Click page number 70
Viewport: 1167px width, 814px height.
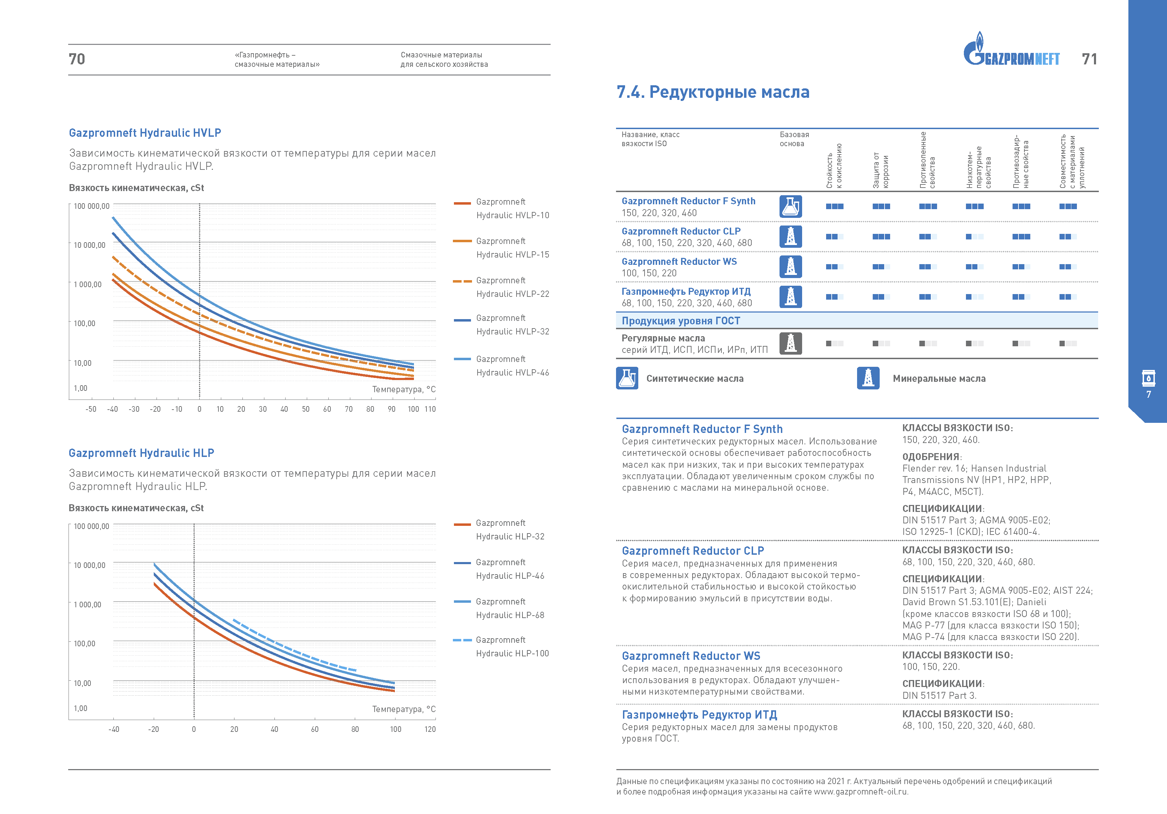[x=77, y=59]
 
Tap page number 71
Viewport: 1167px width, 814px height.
[x=1089, y=59]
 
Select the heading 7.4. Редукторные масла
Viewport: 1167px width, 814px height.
[x=713, y=92]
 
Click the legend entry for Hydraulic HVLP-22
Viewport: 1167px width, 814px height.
[x=501, y=287]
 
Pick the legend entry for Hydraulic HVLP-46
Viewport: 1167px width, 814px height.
[x=501, y=365]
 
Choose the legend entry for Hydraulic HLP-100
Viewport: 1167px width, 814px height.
[x=501, y=646]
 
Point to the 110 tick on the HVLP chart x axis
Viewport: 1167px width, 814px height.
[x=430, y=409]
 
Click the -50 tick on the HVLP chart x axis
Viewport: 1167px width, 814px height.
[x=91, y=409]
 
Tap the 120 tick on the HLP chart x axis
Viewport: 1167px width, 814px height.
[x=430, y=729]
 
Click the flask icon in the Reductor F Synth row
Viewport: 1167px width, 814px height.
[x=790, y=206]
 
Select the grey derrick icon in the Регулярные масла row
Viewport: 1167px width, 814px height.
[x=790, y=343]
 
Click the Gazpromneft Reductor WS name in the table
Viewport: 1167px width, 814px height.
[x=679, y=261]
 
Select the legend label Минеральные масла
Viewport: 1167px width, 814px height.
[x=939, y=378]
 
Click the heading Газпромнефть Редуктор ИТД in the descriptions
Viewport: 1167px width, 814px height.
[x=700, y=715]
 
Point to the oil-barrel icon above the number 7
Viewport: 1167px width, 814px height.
[x=1148, y=378]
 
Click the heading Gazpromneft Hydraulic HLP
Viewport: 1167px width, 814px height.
[x=141, y=453]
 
